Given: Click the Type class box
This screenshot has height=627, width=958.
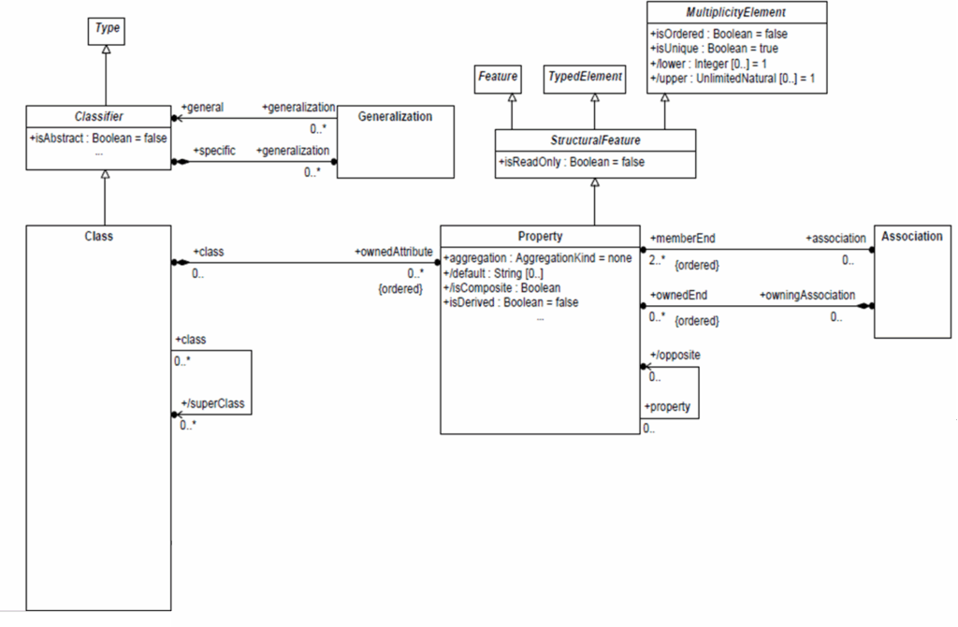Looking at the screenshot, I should click(x=108, y=29).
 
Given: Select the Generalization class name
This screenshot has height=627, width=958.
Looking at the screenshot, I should click(x=395, y=117).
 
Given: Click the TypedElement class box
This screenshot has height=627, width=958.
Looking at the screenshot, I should click(x=584, y=77).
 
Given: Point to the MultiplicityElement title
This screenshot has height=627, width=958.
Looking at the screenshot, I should click(x=737, y=12).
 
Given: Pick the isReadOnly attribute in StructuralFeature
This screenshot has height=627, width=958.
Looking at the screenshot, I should click(x=571, y=162).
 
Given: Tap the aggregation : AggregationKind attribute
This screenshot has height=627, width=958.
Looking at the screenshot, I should click(x=537, y=257).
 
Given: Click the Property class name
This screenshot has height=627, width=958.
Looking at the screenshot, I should click(x=540, y=237).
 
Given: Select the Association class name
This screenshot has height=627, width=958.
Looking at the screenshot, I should click(x=911, y=237).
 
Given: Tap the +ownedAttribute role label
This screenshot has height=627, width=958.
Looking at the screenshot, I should click(x=393, y=253).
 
